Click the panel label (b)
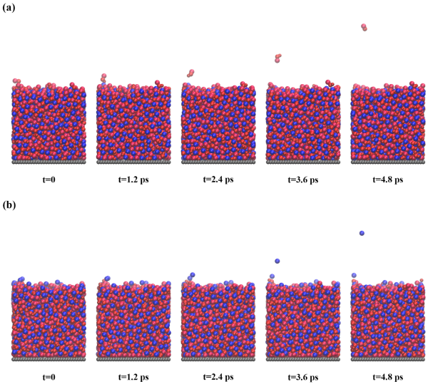9,207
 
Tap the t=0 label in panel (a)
48,180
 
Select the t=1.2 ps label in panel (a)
133,180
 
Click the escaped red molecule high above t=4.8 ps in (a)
365,28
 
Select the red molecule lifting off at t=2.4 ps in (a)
190,73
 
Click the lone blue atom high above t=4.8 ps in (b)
362,233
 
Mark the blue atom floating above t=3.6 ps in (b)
277,261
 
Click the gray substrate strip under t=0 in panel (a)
48,163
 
